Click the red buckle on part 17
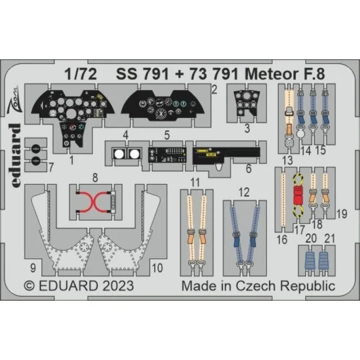(299, 196)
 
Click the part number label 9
(32, 269)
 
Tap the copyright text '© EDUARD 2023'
(79, 286)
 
